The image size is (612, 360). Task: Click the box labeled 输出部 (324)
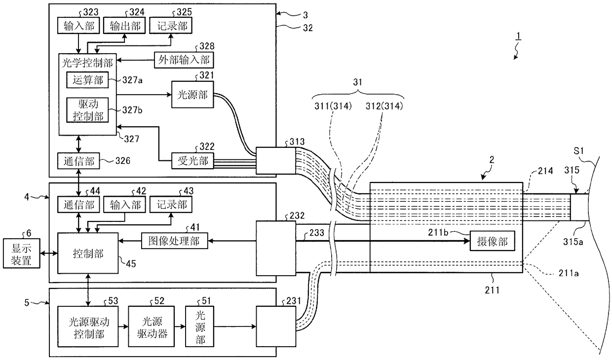click(x=124, y=26)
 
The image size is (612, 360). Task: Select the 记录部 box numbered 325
click(x=171, y=26)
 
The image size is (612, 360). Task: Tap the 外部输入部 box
click(x=184, y=60)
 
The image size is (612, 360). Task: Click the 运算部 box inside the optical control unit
click(x=87, y=80)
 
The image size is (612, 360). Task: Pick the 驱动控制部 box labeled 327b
click(x=87, y=110)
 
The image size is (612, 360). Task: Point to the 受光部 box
click(x=192, y=161)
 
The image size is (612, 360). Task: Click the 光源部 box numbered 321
click(x=192, y=94)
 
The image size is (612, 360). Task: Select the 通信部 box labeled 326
click(x=78, y=161)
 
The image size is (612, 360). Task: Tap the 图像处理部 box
click(x=174, y=241)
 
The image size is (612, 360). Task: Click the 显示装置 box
click(x=22, y=253)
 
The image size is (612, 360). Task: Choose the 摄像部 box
click(x=493, y=241)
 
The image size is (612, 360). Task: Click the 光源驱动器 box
click(x=152, y=326)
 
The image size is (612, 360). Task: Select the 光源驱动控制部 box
click(x=88, y=326)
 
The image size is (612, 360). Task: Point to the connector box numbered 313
click(x=276, y=161)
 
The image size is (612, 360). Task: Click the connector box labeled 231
click(x=276, y=326)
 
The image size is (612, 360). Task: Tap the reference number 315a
click(x=573, y=242)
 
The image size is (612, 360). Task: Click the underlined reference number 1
click(x=518, y=36)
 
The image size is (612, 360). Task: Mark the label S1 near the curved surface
click(x=578, y=151)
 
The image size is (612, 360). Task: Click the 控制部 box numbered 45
click(x=88, y=253)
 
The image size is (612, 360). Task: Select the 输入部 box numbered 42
click(x=124, y=205)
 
